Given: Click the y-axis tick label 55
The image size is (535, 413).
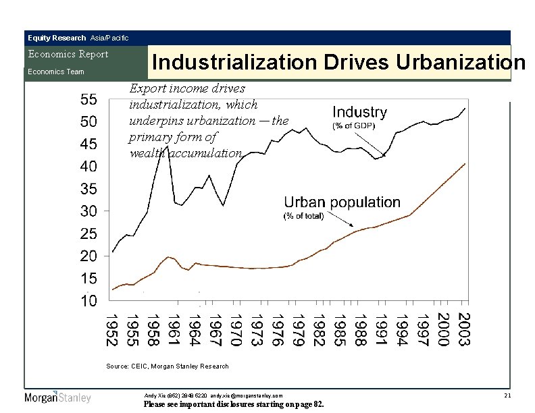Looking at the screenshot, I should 88,99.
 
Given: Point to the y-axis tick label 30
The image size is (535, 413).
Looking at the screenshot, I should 88,211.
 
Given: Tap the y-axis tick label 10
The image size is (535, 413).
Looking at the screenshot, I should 88,301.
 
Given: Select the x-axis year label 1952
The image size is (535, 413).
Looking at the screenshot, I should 111,329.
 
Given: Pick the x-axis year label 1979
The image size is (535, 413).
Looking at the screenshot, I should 295,329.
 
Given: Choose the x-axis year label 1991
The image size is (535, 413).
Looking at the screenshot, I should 380,329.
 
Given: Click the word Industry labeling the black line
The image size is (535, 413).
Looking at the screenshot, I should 360,112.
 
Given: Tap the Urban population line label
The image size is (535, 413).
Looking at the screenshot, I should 342,202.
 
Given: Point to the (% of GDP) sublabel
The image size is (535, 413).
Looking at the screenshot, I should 353,126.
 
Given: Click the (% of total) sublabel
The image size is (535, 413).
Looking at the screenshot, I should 303,216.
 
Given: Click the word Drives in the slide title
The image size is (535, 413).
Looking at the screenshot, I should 355,63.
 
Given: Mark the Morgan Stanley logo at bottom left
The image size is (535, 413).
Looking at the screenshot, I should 57,397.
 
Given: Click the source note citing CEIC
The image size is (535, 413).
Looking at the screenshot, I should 168,366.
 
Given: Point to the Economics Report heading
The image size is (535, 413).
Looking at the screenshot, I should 67,54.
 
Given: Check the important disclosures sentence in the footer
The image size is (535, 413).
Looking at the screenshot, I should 234,404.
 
